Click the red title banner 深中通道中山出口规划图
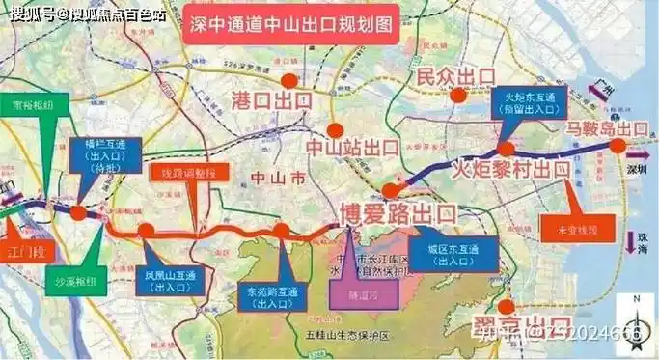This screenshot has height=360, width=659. point(288,27)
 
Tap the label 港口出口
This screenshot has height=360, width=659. point(272,100)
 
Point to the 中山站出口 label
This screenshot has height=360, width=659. point(352,148)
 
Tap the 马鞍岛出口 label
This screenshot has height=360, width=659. point(607,128)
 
